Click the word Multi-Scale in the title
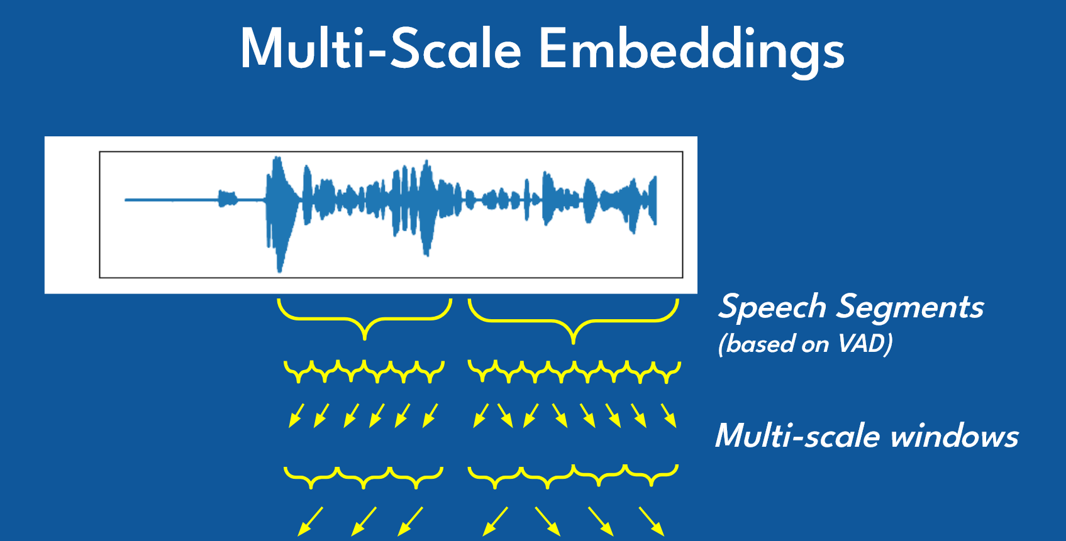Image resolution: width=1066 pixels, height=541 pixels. tap(380, 49)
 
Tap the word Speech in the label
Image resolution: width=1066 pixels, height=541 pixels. tap(772, 307)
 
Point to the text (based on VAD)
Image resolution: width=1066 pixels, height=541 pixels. tap(805, 344)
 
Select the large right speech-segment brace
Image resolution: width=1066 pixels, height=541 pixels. tap(573, 320)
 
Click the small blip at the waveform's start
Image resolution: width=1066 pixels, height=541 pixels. tap(227, 199)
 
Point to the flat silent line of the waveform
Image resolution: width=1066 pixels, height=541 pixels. tap(170, 200)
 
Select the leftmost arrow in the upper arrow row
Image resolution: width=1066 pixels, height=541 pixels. tap(296, 415)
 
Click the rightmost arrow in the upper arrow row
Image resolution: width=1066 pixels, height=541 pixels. tap(669, 415)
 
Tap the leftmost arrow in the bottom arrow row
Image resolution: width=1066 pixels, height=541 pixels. tap(311, 521)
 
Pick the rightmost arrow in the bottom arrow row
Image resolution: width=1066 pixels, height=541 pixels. tap(652, 521)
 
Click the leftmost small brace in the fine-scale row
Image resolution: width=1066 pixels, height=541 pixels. tap(296, 371)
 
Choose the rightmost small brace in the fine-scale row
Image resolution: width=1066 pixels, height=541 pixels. tap(668, 372)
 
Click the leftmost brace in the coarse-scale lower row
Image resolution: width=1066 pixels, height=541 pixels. tap(311, 478)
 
